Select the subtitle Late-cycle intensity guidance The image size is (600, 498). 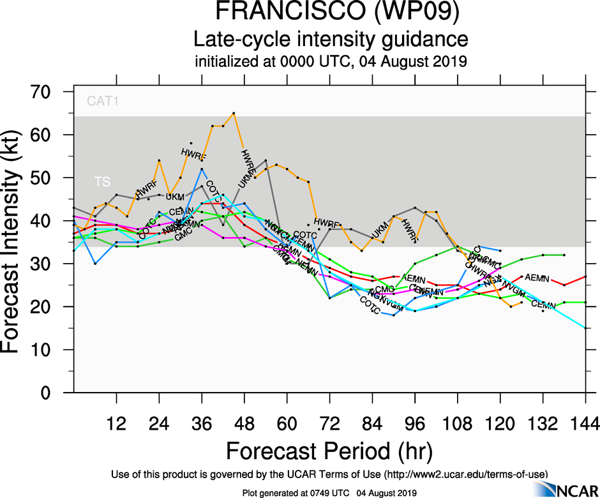pyautogui.click(x=331, y=40)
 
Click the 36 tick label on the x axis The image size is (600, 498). pyautogui.click(x=202, y=423)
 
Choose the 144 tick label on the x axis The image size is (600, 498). pyautogui.click(x=585, y=423)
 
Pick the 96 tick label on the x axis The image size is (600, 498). pyautogui.click(x=415, y=423)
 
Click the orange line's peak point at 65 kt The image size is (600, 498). pyautogui.click(x=234, y=113)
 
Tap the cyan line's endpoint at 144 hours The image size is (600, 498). pyautogui.click(x=585, y=328)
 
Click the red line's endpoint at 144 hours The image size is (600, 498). pyautogui.click(x=585, y=276)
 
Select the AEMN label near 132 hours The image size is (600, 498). pyautogui.click(x=537, y=278)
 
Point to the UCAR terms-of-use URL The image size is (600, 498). pyautogui.click(x=465, y=473)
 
